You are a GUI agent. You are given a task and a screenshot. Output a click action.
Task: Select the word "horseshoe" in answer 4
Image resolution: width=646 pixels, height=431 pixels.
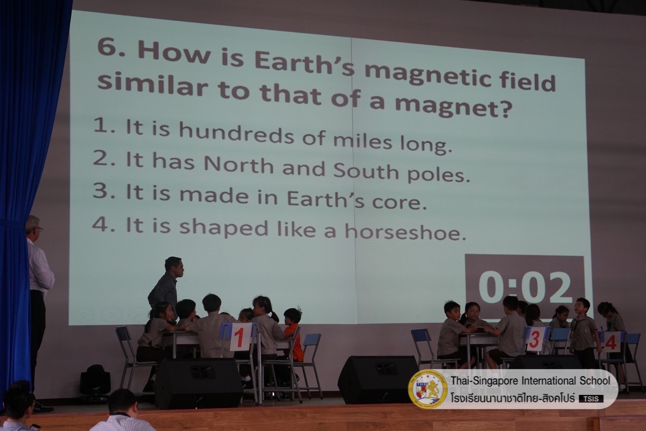coord(405,232)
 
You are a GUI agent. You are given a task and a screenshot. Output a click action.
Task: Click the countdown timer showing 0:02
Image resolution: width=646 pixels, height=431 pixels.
coord(525,287)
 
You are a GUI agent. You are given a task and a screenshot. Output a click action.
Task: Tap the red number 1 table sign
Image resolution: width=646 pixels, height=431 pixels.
coord(240,337)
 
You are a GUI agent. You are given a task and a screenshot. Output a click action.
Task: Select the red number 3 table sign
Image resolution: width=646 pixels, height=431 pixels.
coord(536,339)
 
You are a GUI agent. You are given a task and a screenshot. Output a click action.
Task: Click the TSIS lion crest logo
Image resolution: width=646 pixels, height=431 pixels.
coord(428,389)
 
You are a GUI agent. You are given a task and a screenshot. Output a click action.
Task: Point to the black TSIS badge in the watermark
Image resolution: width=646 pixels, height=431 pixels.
coord(591,399)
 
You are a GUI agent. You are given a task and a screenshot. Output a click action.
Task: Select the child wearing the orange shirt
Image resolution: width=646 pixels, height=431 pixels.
coord(293,335)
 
